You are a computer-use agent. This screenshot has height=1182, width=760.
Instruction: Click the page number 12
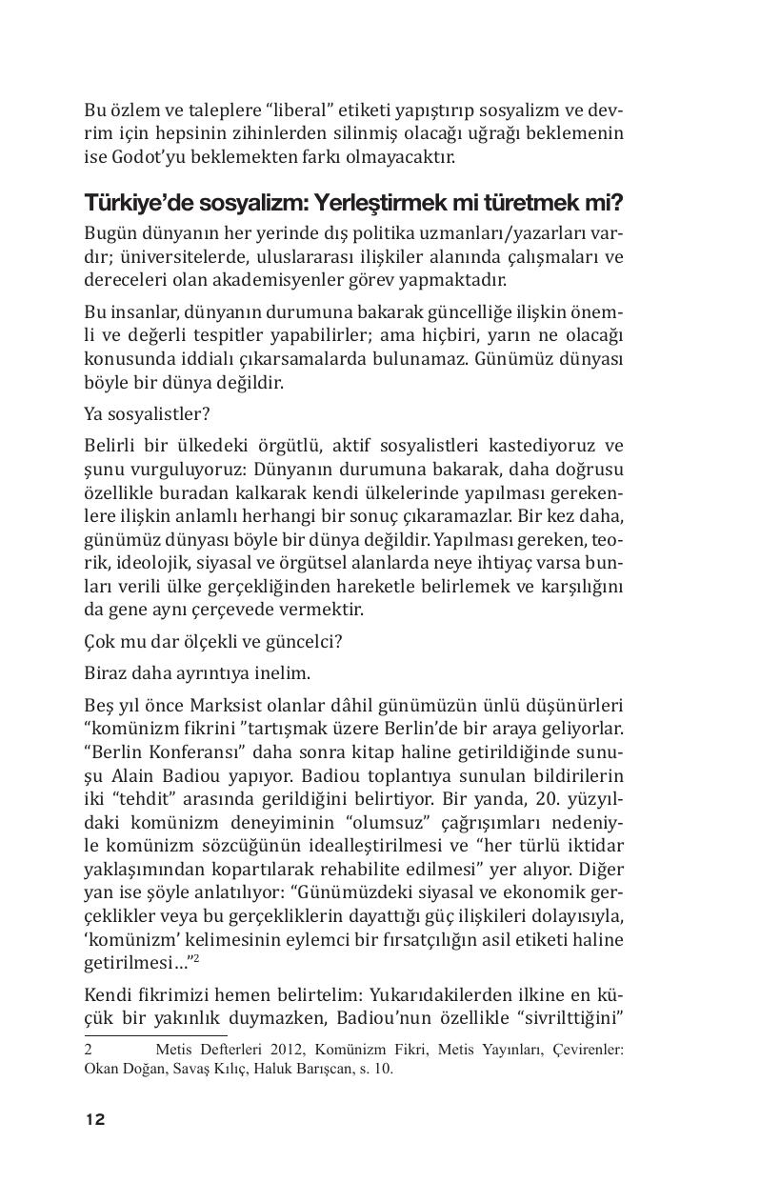[x=94, y=1119]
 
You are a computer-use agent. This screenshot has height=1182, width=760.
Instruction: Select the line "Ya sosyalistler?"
[x=147, y=413]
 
